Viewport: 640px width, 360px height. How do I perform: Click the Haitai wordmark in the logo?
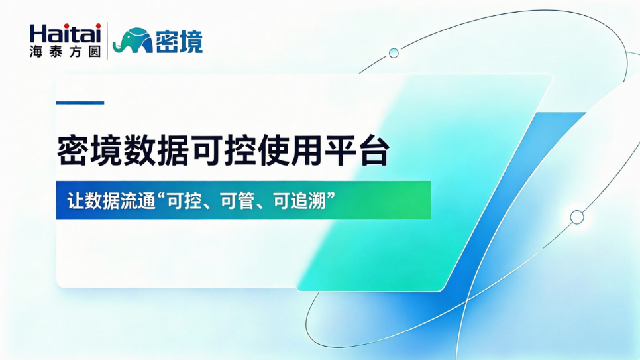coord(65,33)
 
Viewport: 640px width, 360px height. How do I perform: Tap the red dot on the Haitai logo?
coord(98,26)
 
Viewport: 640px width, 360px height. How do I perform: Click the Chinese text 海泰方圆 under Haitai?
coord(65,51)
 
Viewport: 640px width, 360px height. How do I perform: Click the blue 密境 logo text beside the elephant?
coord(179,41)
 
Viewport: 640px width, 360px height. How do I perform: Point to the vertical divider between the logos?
coord(107,40)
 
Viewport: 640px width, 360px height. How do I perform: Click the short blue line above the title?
coord(80,103)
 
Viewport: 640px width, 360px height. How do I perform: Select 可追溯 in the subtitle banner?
coord(299,201)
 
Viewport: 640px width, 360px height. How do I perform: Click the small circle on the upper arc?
coord(394,53)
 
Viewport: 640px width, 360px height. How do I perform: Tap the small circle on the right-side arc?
coord(577,217)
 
